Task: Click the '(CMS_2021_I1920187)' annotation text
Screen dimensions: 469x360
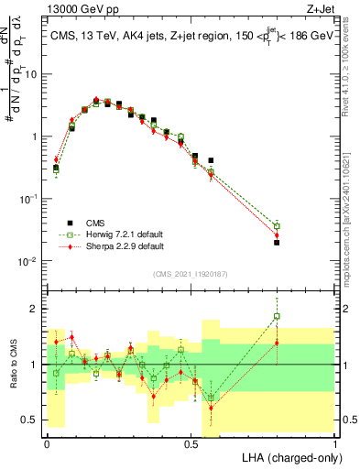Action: coord(190,273)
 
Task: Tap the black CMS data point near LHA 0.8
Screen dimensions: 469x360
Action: coord(277,243)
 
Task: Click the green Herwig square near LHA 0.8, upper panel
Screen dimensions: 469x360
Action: coord(277,226)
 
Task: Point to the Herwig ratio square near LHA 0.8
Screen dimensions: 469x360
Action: coord(277,316)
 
